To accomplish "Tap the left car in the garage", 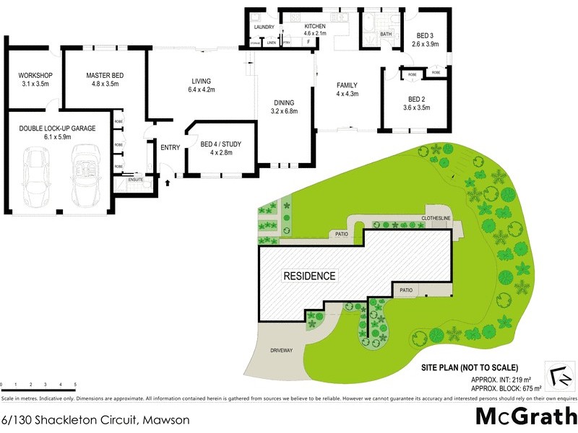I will point(35,176).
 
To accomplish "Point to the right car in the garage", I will point(86,173).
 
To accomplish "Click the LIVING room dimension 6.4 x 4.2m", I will point(202,90).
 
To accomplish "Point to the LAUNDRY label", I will point(264,27).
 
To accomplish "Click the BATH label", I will point(386,34).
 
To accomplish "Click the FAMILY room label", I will point(347,86).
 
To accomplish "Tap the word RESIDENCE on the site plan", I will point(309,276).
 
